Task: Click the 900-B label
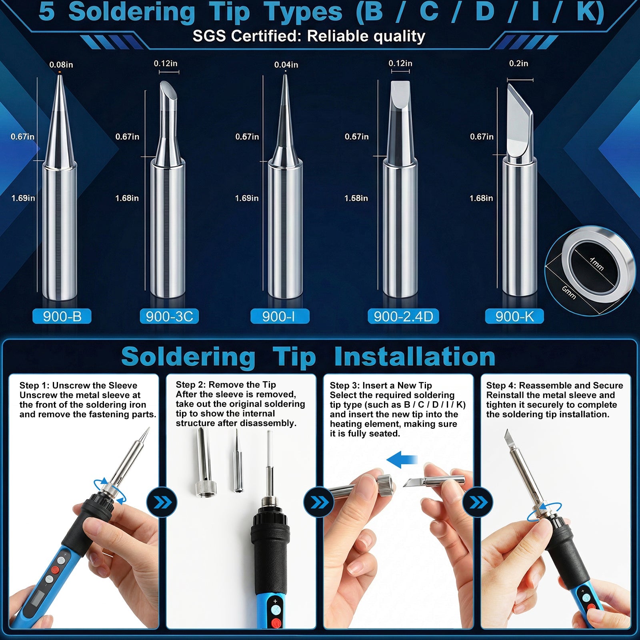click(x=62, y=316)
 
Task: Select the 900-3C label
click(x=169, y=316)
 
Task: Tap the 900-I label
click(x=280, y=316)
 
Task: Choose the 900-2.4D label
click(x=403, y=316)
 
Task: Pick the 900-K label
click(x=514, y=316)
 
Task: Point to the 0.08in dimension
click(x=61, y=65)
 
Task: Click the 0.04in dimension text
click(x=286, y=65)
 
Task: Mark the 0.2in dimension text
click(x=518, y=64)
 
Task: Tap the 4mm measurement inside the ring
click(x=596, y=264)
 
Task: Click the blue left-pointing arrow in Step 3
click(x=402, y=460)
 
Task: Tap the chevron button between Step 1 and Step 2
click(x=162, y=502)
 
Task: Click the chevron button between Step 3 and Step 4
click(x=478, y=502)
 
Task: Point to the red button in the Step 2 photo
click(x=276, y=623)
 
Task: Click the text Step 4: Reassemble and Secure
click(x=554, y=386)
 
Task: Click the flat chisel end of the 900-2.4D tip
click(x=400, y=94)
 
